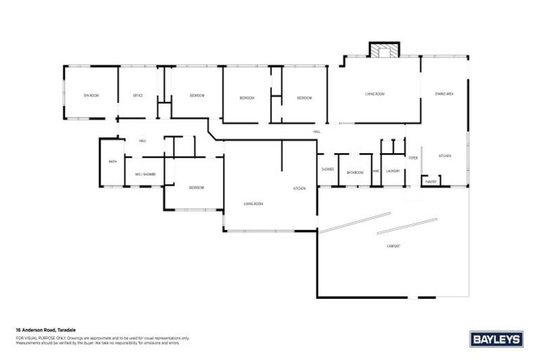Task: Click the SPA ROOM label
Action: click(x=89, y=95)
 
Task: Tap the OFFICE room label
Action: click(x=138, y=95)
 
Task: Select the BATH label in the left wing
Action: click(x=112, y=162)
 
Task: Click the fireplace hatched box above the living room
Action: click(x=384, y=51)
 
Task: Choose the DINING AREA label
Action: click(x=444, y=94)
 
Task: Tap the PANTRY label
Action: click(x=431, y=182)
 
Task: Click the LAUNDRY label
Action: click(x=393, y=171)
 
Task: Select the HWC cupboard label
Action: click(x=376, y=171)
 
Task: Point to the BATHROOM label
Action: click(x=355, y=172)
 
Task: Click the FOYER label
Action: click(x=413, y=158)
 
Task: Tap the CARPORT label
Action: click(x=394, y=245)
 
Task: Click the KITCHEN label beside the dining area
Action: click(x=444, y=156)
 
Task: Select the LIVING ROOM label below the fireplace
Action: click(x=374, y=94)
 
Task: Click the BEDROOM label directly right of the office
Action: click(x=197, y=95)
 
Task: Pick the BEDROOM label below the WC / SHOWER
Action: click(x=196, y=188)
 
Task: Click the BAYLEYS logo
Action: click(x=496, y=339)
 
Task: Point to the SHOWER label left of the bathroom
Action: click(x=328, y=169)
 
